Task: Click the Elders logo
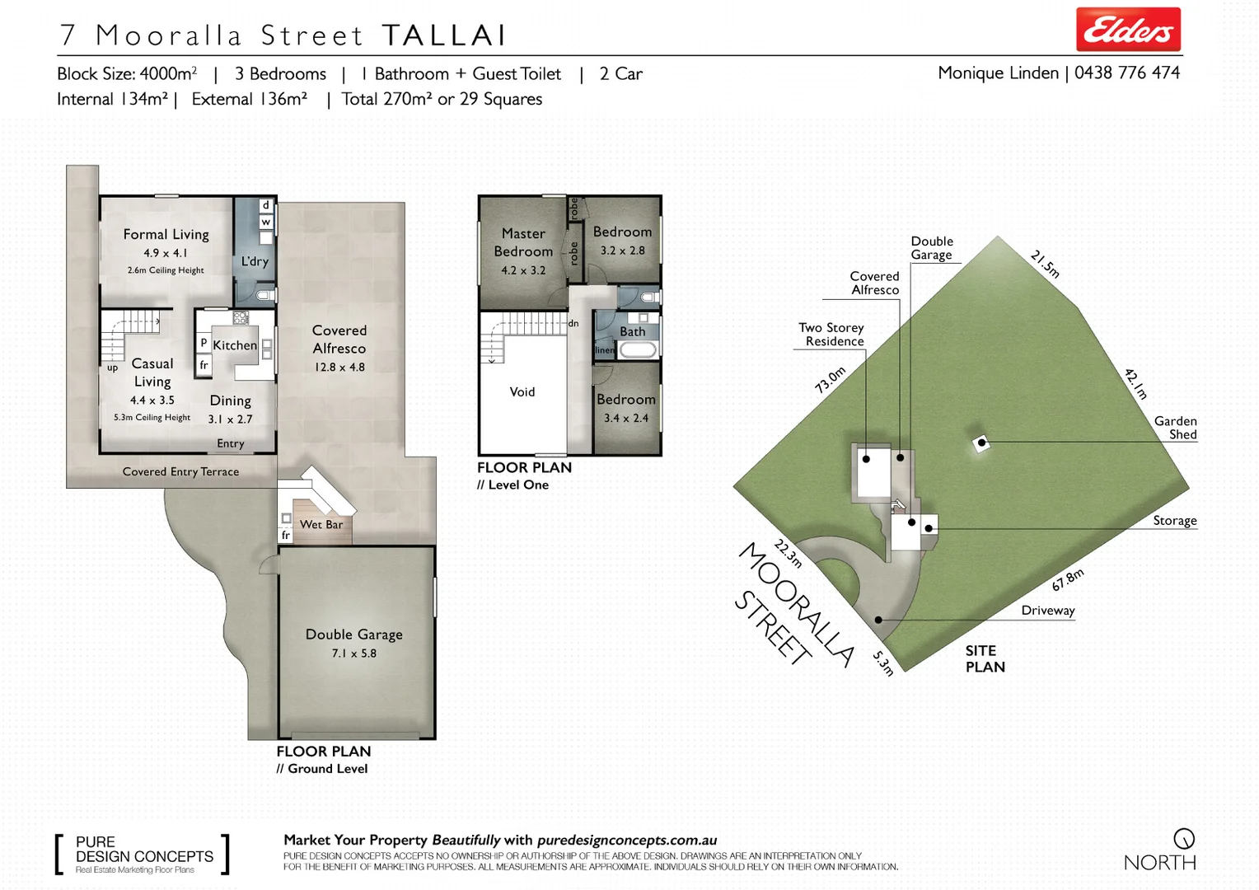(1127, 30)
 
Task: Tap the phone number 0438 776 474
(1126, 73)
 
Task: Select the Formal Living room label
(166, 235)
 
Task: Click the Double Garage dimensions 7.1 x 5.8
(353, 653)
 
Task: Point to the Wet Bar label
(321, 524)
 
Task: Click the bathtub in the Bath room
(638, 350)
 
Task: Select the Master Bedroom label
(523, 242)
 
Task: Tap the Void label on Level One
(522, 392)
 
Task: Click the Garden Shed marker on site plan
(981, 443)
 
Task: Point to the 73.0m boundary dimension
(830, 380)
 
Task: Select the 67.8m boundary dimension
(1067, 580)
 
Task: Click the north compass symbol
(1183, 839)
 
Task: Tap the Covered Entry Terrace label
(180, 472)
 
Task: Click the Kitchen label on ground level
(235, 345)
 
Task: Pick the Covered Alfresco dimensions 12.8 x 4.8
(339, 368)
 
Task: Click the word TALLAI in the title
(443, 35)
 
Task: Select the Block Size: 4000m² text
(127, 74)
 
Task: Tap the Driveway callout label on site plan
(1047, 611)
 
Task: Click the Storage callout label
(1174, 521)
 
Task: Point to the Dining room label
(230, 401)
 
